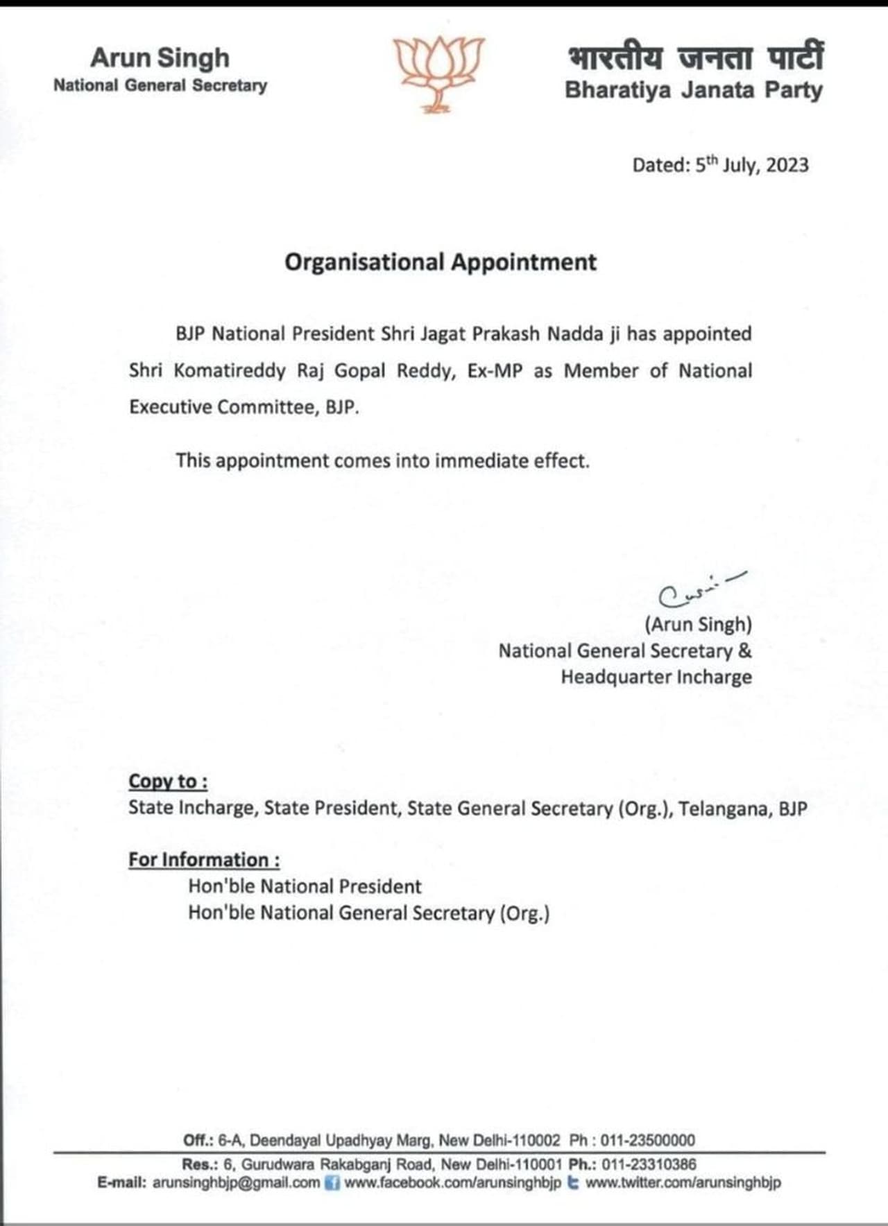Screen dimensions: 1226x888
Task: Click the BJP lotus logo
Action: pos(439,73)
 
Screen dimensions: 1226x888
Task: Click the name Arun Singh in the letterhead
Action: pos(160,58)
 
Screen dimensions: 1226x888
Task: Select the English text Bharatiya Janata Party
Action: pos(693,90)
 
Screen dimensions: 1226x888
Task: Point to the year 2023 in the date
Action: pos(787,165)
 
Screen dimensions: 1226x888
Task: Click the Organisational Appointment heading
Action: pos(441,262)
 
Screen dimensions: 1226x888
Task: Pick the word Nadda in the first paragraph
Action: pos(575,334)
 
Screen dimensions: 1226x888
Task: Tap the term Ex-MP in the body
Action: pos(495,371)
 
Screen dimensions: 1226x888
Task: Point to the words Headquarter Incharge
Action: pos(656,677)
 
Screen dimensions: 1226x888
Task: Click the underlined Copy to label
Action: pos(167,782)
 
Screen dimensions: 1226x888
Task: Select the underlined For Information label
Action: pos(204,860)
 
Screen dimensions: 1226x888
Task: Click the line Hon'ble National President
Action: pos(305,886)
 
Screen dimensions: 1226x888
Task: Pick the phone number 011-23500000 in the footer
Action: pos(647,1140)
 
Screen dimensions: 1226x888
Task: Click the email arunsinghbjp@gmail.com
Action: pos(236,1183)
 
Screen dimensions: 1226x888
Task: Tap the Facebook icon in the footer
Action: pos(332,1183)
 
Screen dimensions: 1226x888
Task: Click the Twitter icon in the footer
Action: pos(573,1183)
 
